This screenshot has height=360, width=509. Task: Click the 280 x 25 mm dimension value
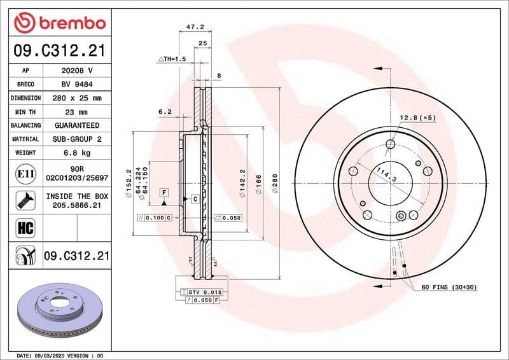click(x=76, y=98)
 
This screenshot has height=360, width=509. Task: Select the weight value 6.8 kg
click(x=76, y=153)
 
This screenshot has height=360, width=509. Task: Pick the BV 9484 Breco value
click(x=76, y=84)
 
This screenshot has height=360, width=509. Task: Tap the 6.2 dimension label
click(x=165, y=111)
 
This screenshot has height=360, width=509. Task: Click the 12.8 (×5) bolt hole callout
click(x=417, y=118)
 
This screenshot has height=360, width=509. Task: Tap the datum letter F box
click(x=164, y=192)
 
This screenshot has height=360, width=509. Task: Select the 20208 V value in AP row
click(x=76, y=71)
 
